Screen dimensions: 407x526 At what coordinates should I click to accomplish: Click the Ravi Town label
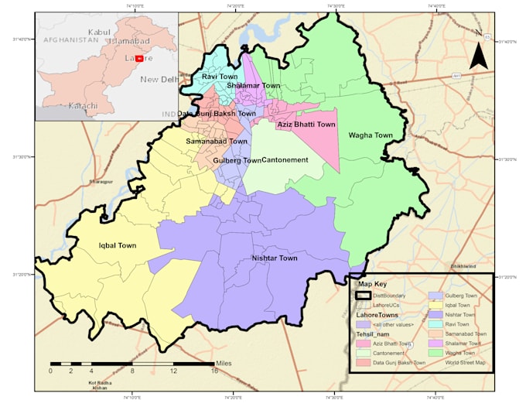click(x=220, y=77)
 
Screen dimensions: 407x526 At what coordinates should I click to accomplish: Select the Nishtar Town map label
click(x=275, y=258)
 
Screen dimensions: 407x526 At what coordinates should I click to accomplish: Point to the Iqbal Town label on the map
click(x=118, y=245)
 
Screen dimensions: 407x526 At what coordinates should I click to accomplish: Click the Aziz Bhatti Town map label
click(x=306, y=124)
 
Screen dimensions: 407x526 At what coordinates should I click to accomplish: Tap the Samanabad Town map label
click(x=217, y=142)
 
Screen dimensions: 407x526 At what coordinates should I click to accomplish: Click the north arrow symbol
click(x=478, y=55)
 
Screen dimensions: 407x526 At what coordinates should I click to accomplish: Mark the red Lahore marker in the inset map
click(x=139, y=58)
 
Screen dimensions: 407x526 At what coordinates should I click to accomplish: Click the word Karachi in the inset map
click(x=83, y=104)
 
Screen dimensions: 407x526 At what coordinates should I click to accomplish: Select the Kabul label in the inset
click(x=100, y=32)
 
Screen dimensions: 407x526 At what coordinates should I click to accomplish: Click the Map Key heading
click(x=372, y=283)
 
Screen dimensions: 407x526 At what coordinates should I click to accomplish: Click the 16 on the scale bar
click(x=214, y=371)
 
